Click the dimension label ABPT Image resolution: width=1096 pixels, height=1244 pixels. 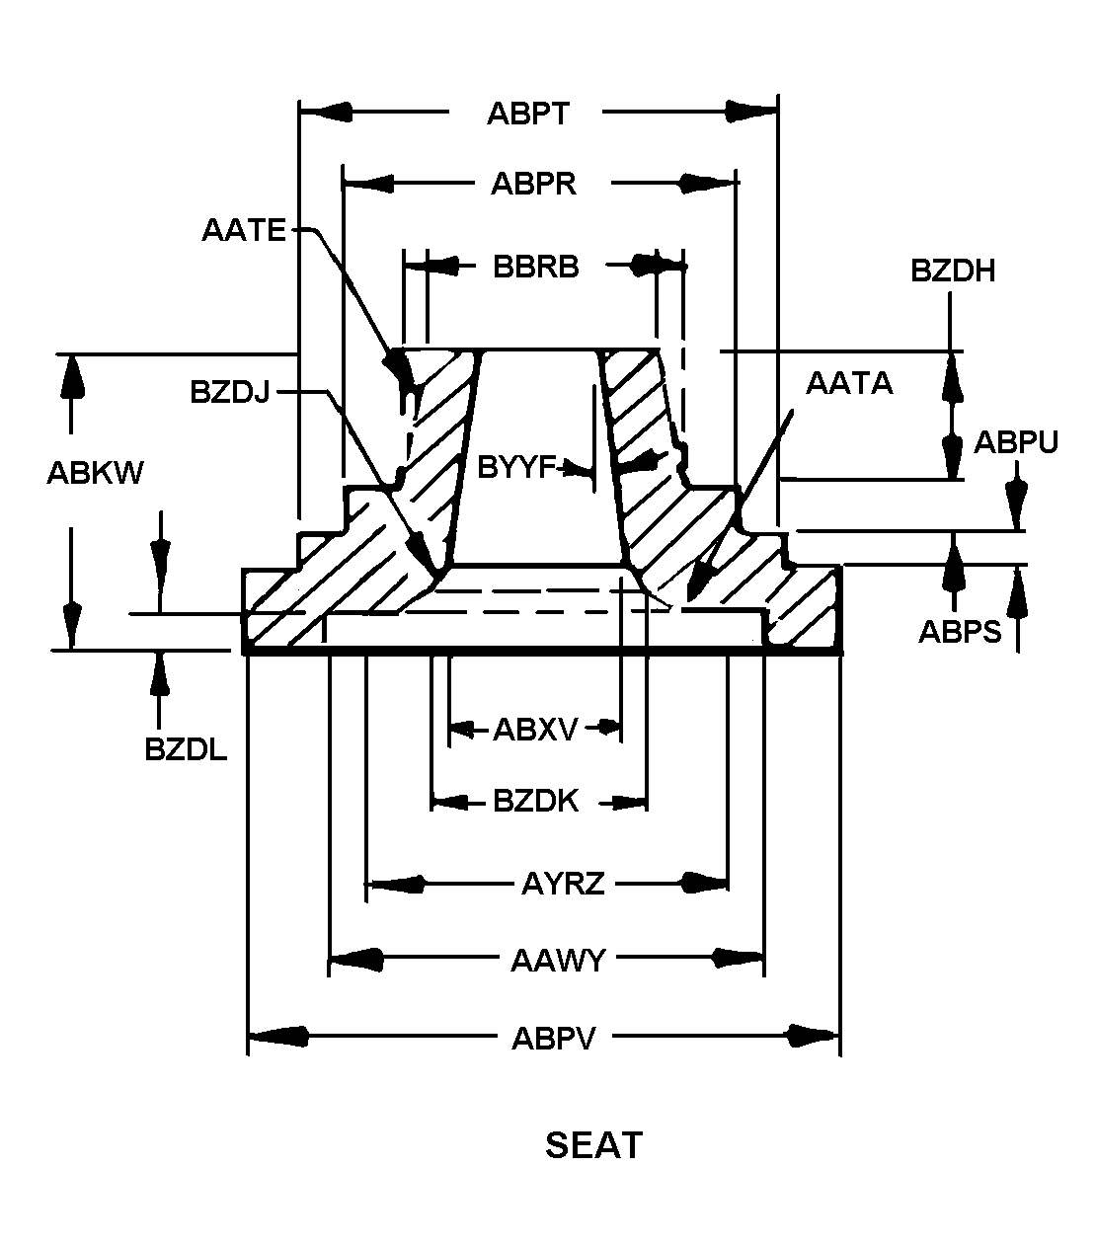pyautogui.click(x=528, y=114)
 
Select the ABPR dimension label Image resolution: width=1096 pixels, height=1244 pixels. pyautogui.click(x=533, y=184)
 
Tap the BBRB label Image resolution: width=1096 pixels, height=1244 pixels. pyautogui.click(x=535, y=267)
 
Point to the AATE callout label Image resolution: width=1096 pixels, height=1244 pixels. pyautogui.click(x=244, y=230)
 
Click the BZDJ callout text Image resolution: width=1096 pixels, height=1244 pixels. pyautogui.click(x=230, y=392)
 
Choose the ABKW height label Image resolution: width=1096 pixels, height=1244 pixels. pyautogui.click(x=95, y=473)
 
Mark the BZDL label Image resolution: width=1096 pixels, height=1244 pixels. pyautogui.click(x=186, y=749)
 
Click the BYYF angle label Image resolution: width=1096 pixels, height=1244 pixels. pyautogui.click(x=516, y=467)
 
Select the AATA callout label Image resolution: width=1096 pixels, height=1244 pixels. pyautogui.click(x=849, y=383)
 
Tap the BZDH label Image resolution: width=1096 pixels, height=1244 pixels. pyautogui.click(x=952, y=271)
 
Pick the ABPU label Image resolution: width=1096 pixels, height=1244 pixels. pyautogui.click(x=1016, y=442)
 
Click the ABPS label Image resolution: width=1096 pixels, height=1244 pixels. pyautogui.click(x=960, y=631)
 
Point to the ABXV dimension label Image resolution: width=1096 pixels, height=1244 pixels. pyautogui.click(x=535, y=730)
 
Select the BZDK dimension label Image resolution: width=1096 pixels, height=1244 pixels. pyautogui.click(x=535, y=801)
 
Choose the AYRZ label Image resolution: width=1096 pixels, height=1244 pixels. pyautogui.click(x=563, y=884)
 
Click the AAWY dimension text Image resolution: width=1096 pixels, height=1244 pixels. pyautogui.click(x=558, y=961)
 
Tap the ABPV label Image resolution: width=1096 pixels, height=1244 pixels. pyautogui.click(x=554, y=1039)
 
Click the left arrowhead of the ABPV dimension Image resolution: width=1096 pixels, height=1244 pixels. pyautogui.click(x=276, y=1036)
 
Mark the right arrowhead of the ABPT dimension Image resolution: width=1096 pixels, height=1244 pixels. pyautogui.click(x=751, y=112)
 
